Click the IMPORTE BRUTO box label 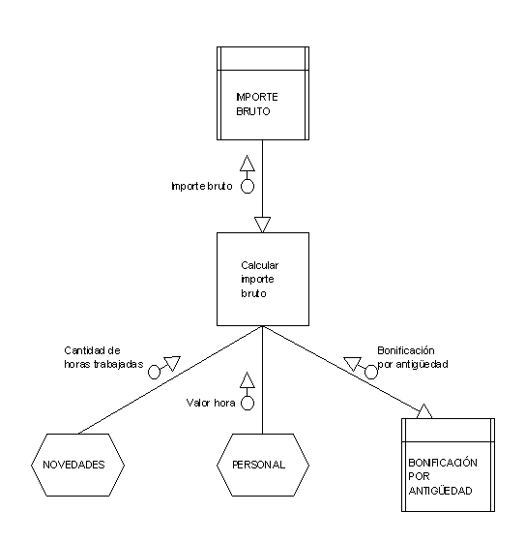pos(257,105)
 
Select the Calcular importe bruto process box pos(263,279)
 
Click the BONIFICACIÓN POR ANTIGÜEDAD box pos(448,465)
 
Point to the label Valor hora pos(211,403)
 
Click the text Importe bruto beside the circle pos(202,186)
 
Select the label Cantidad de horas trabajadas pos(103,357)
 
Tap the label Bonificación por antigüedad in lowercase pos(413,357)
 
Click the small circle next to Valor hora pos(248,403)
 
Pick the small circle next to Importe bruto pos(248,187)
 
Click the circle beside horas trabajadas pos(154,373)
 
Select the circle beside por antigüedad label pos(371,373)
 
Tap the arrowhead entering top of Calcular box pos(263,225)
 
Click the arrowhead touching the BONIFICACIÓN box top pos(424,411)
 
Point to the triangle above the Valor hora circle pos(248,380)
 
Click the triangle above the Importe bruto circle pos(248,164)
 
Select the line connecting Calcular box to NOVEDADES pos(170,379)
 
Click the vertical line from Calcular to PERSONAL pos(263,379)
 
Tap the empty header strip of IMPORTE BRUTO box pos(263,58)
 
